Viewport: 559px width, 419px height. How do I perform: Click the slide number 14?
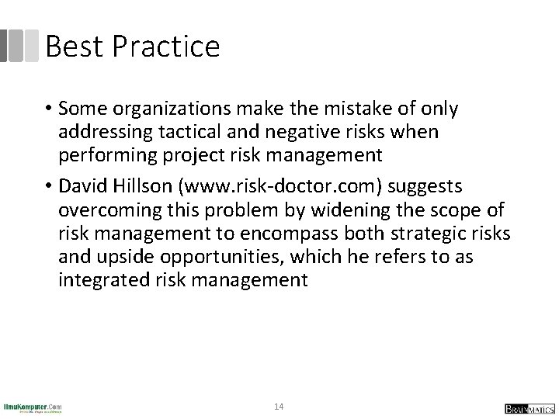[x=279, y=406]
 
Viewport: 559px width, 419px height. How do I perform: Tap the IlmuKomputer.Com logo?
[x=33, y=407]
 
